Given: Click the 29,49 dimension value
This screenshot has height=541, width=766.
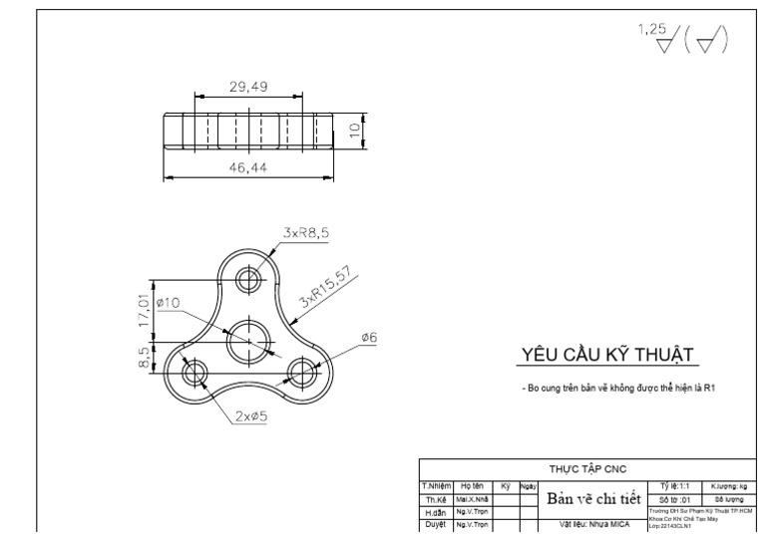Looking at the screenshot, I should [248, 87].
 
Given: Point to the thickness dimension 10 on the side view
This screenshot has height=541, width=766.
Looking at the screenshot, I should [354, 131].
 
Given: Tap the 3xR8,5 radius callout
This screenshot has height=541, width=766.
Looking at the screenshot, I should [306, 232].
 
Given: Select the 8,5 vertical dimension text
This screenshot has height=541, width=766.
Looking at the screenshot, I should [145, 357].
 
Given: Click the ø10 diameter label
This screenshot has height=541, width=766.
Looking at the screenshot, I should [167, 302].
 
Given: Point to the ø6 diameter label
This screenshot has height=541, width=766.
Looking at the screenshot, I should [369, 338].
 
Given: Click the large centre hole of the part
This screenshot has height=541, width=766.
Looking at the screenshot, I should [249, 341].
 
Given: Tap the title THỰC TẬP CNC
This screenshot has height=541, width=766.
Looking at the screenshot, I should [589, 467].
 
